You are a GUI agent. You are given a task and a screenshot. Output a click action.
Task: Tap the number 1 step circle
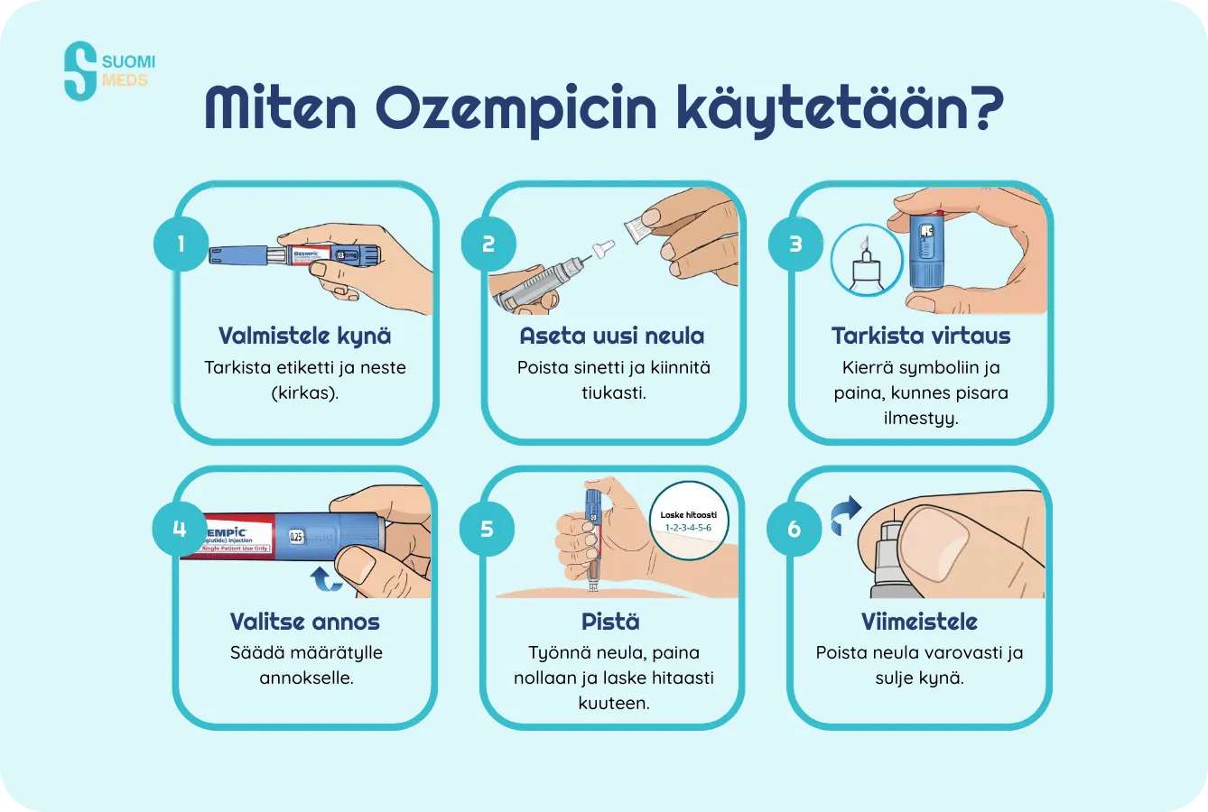(x=181, y=244)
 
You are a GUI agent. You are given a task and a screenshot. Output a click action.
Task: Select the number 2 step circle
(x=488, y=244)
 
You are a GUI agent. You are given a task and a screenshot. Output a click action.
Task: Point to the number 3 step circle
(x=795, y=244)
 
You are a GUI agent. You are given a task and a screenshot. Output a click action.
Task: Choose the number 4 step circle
(x=180, y=528)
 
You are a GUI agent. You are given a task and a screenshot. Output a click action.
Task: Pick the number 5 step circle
(x=488, y=528)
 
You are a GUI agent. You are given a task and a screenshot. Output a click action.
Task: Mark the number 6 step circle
(x=794, y=528)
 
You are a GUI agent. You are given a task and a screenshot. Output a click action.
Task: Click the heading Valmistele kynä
(x=305, y=336)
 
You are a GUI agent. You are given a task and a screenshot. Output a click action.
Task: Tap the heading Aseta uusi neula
(x=612, y=336)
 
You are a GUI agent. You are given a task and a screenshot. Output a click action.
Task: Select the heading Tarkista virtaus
(x=920, y=336)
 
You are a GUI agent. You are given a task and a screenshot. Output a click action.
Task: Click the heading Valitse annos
(x=305, y=622)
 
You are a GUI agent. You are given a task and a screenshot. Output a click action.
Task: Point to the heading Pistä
(x=611, y=622)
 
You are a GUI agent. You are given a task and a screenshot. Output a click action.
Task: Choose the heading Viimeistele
(x=919, y=622)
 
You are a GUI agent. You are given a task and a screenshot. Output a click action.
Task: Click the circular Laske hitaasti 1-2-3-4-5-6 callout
(x=688, y=521)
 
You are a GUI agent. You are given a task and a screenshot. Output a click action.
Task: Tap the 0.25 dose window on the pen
(x=297, y=536)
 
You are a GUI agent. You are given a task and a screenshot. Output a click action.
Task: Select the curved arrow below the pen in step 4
(x=327, y=578)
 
